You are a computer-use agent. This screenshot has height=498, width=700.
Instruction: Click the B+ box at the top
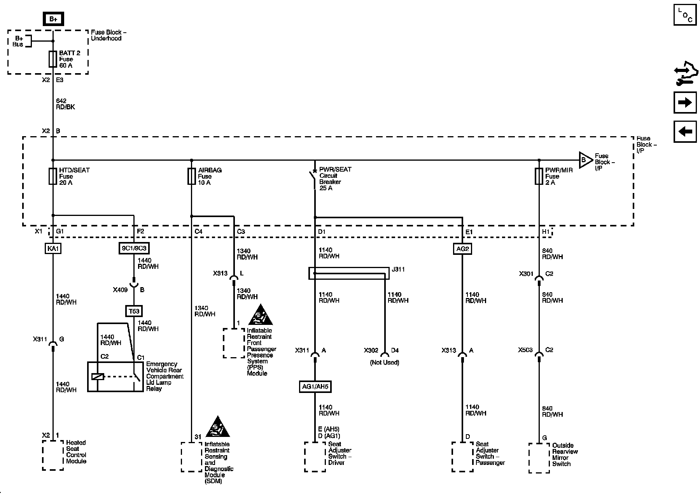[53, 19]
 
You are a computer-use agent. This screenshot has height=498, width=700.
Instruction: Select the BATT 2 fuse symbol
[53, 59]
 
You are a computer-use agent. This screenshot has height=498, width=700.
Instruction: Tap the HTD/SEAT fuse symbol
[53, 176]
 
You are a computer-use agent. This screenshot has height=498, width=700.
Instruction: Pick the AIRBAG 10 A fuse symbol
[191, 176]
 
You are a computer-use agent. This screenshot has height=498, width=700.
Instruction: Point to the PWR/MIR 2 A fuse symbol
[539, 176]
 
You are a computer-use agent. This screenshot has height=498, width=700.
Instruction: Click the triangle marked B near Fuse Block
[584, 160]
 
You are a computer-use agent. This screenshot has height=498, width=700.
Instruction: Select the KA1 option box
[53, 249]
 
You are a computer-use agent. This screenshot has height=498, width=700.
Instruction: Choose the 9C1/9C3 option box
[134, 248]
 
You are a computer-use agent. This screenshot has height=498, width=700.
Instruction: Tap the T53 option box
[134, 311]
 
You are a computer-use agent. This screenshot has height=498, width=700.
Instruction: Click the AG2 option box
[462, 249]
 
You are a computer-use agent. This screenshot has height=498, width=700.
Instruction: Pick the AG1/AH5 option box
[315, 387]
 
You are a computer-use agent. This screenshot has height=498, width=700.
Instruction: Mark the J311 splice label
[398, 269]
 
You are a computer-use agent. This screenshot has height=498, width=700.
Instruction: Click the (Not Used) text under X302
[384, 363]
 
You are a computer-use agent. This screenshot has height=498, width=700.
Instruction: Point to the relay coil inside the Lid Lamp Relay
[98, 377]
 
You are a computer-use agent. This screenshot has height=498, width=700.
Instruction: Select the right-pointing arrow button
[685, 102]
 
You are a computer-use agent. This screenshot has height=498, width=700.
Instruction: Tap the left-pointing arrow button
[685, 132]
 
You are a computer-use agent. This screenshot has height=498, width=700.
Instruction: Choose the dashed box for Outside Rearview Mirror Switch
[539, 458]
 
